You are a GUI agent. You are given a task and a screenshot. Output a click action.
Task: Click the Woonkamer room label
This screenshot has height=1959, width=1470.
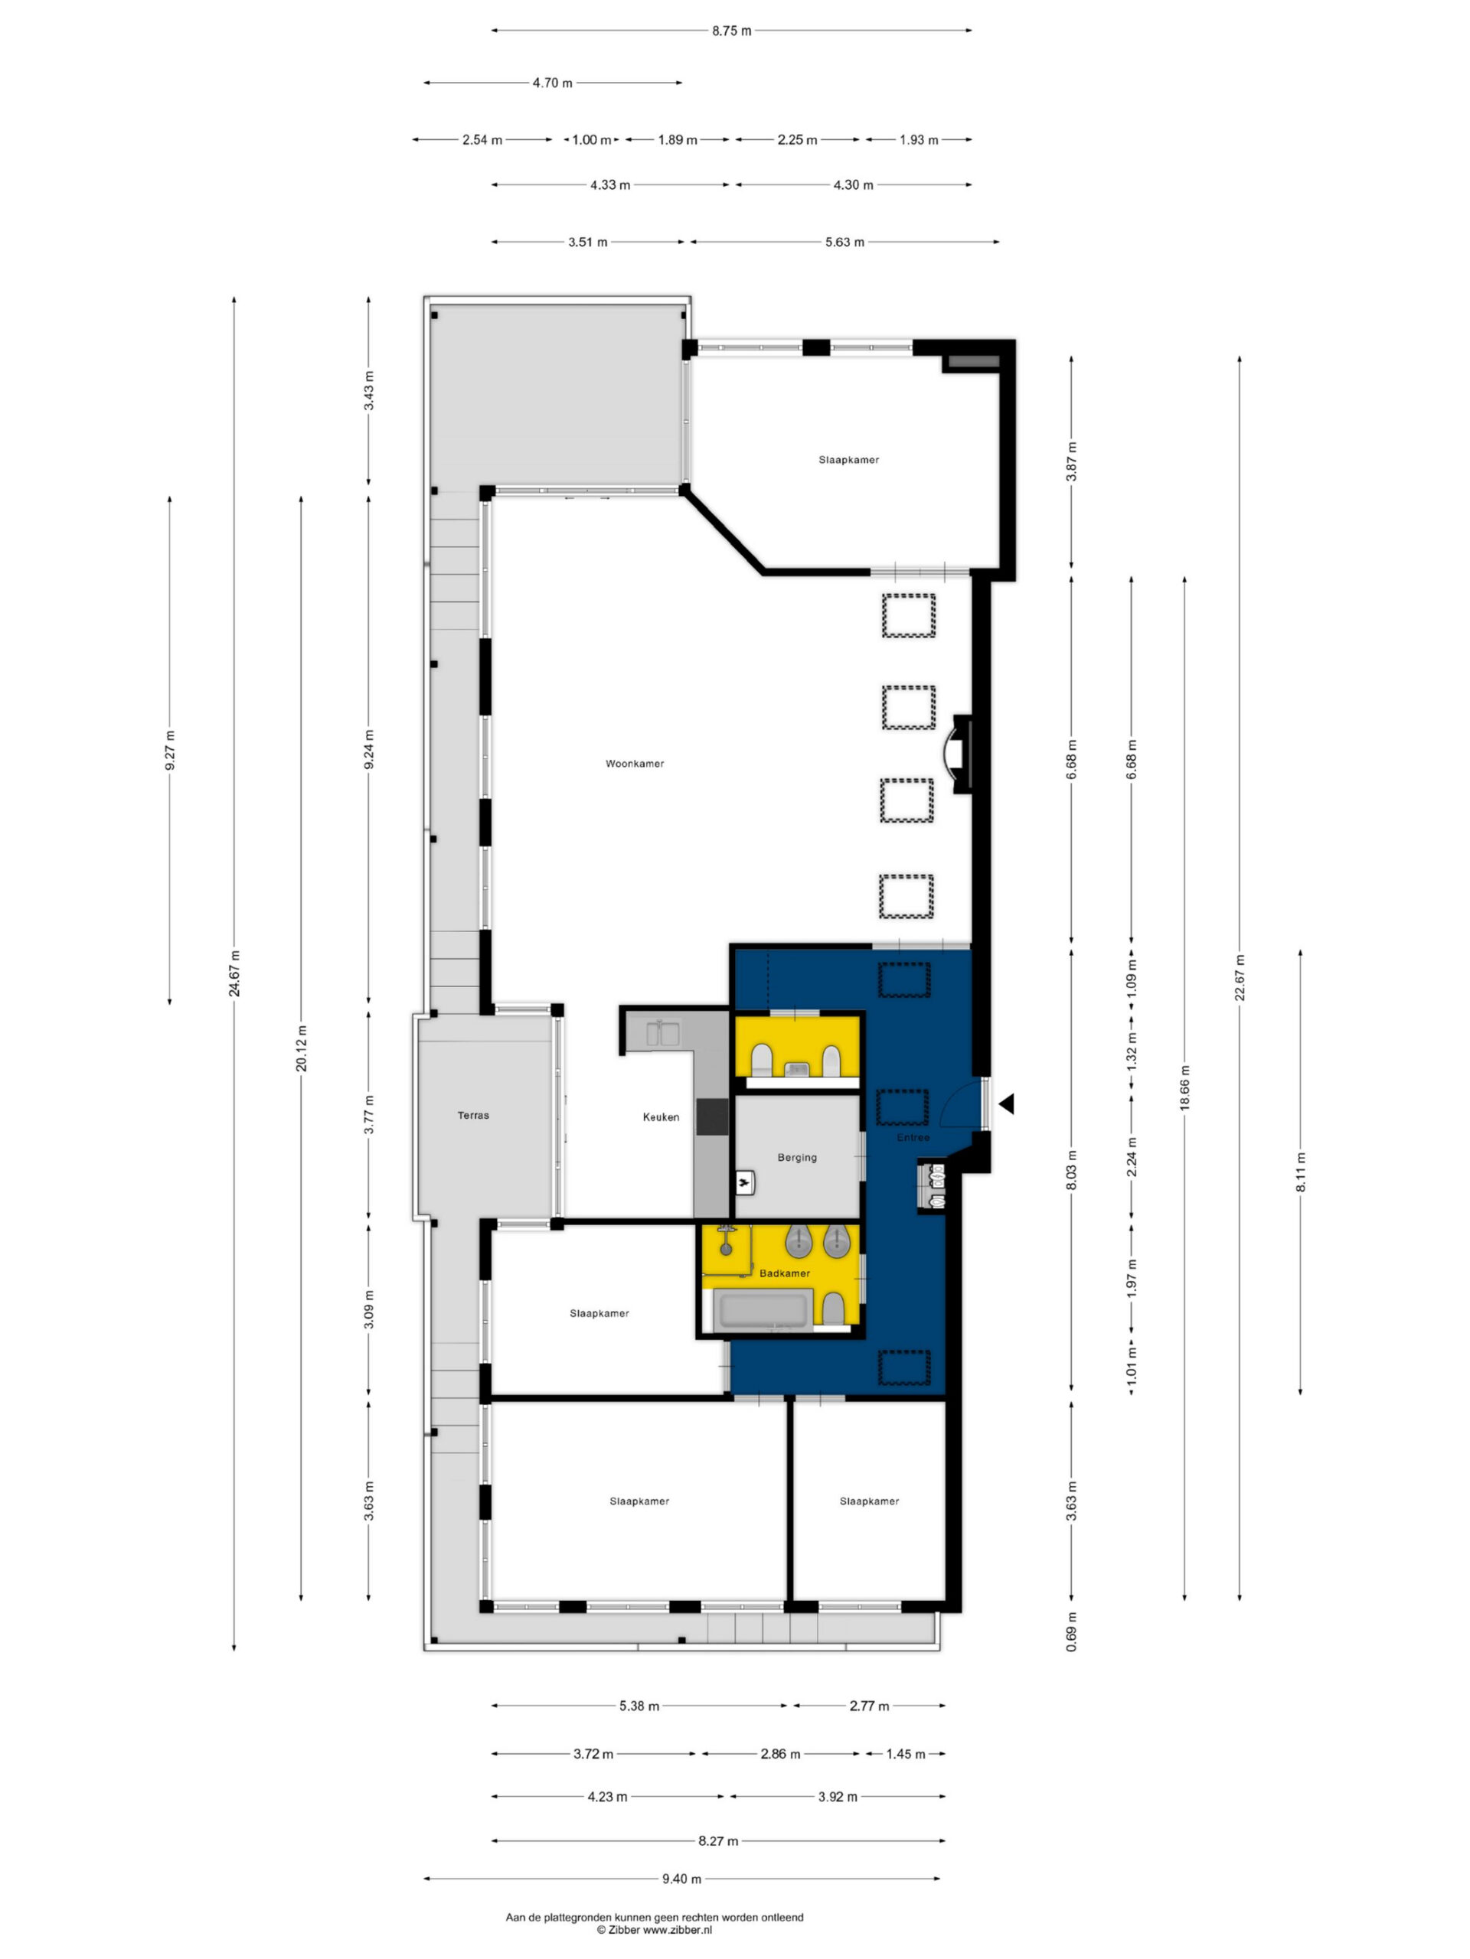click(x=635, y=764)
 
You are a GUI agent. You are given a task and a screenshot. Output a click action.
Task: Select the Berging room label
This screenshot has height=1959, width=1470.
click(x=796, y=1158)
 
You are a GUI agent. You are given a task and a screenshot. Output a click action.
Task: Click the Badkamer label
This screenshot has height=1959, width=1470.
click(x=784, y=1273)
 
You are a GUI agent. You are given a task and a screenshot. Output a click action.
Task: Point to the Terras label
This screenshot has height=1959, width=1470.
click(x=473, y=1115)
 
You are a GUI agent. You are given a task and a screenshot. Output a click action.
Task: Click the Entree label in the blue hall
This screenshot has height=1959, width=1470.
click(x=913, y=1137)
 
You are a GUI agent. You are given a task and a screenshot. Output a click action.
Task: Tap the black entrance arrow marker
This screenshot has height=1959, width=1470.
click(x=1006, y=1104)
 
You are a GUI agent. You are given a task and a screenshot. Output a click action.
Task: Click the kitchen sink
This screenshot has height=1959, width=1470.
click(x=663, y=1032)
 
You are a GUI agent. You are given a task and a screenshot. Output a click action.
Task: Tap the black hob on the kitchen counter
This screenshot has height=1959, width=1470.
click(x=711, y=1116)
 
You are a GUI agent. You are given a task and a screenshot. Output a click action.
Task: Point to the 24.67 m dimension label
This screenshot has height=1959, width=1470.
click(x=234, y=973)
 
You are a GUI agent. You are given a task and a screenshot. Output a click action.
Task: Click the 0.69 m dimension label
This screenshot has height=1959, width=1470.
click(x=1071, y=1633)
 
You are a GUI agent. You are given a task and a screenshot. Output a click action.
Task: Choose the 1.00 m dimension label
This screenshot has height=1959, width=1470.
click(x=591, y=140)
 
